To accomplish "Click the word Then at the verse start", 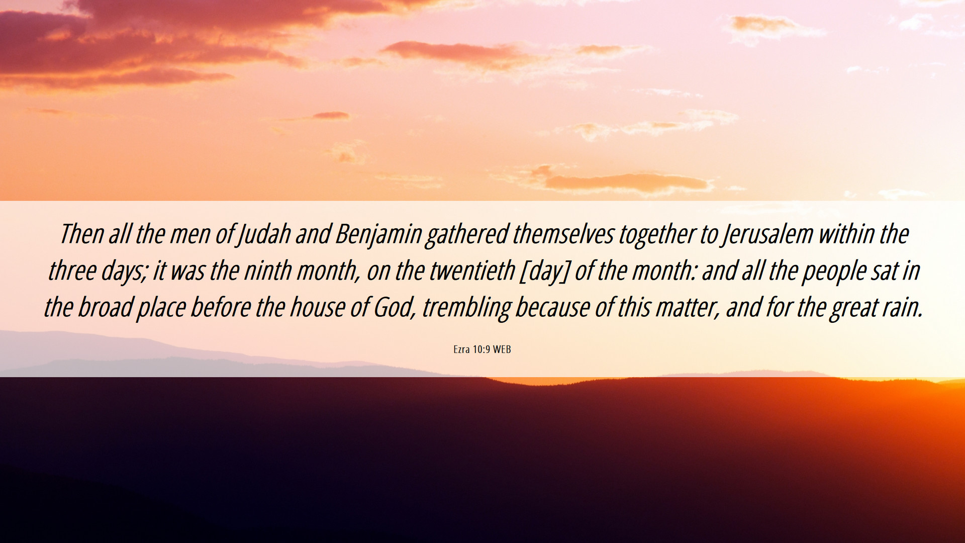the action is [82, 234].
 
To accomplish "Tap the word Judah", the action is [264, 235].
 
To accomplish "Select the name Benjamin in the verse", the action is [378, 235].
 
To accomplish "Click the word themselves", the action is [563, 234].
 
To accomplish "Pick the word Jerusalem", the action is [768, 235].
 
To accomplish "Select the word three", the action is [72, 270].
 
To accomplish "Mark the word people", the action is [834, 272].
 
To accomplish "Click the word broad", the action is [106, 307].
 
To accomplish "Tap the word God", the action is [395, 307].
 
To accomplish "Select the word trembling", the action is [466, 309].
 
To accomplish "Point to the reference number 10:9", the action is [481, 349].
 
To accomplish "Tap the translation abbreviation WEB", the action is [502, 349].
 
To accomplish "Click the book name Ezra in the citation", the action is [461, 349].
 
